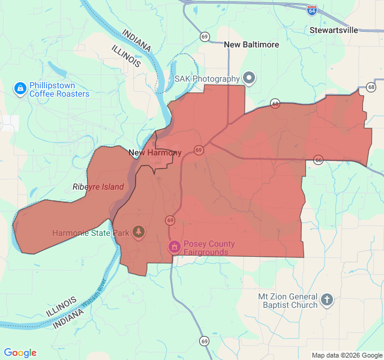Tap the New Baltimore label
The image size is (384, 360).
tap(251, 44)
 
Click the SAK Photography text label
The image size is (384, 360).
tap(207, 79)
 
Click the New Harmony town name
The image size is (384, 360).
tap(155, 153)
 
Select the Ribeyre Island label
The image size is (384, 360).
tap(98, 187)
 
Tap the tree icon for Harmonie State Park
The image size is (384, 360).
tap(139, 232)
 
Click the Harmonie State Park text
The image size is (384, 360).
tap(91, 233)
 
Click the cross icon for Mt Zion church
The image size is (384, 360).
tap(327, 300)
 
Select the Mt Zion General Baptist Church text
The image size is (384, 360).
tap(287, 301)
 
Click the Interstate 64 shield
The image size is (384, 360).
tap(312, 10)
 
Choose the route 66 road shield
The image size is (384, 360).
tap(318, 160)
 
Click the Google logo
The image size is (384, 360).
tap(20, 353)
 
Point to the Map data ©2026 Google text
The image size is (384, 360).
tap(347, 355)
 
